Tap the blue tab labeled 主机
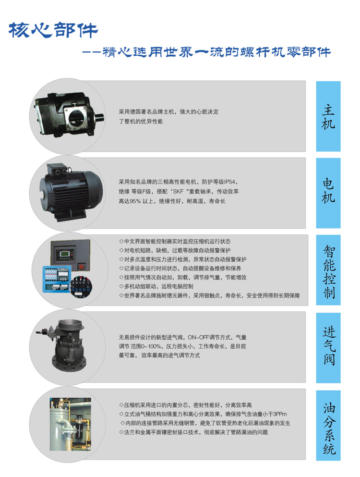coord(328,116)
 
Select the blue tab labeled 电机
coord(328,193)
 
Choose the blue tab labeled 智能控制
coord(328,270)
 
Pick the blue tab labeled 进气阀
coord(328,348)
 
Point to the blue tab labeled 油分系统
coord(328,425)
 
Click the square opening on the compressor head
coord(76,117)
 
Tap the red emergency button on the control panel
coord(82,267)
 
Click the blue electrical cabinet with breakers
coord(57,279)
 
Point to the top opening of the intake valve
coord(71,323)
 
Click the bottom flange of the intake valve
coord(69,364)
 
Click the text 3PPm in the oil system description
coord(280,414)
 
